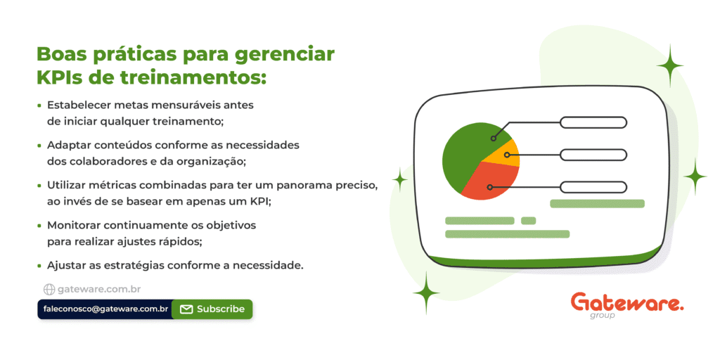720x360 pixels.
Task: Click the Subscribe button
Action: click(x=212, y=309)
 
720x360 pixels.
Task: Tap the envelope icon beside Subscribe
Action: click(x=186, y=309)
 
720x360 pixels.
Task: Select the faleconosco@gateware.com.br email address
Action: click(x=105, y=309)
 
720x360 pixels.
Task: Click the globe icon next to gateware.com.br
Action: click(x=49, y=289)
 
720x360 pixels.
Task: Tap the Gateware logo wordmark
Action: click(x=626, y=303)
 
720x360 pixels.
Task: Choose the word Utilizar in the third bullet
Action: click(x=65, y=186)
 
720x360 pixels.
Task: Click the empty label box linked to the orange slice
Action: click(x=593, y=155)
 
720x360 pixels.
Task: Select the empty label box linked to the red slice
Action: click(x=593, y=187)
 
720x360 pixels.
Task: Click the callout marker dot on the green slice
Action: click(x=493, y=138)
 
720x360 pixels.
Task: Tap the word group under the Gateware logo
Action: click(x=602, y=316)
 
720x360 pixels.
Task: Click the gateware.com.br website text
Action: click(x=99, y=289)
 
